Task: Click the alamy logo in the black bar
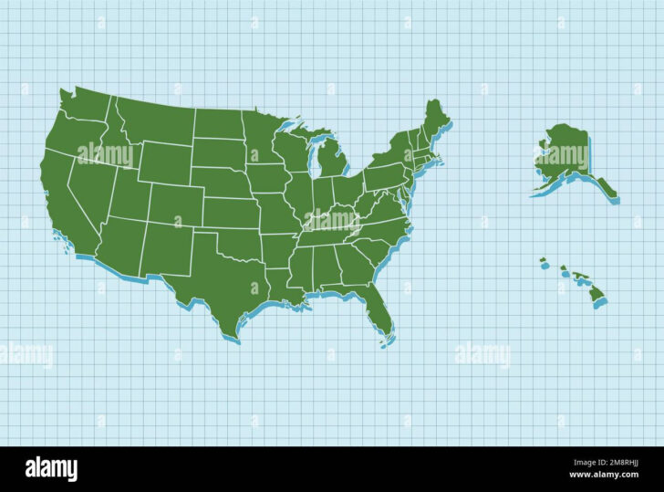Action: tap(51, 470)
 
